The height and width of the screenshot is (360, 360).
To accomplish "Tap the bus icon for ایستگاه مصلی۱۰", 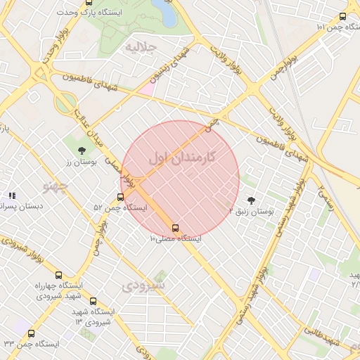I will pyautogui.click(x=175, y=228).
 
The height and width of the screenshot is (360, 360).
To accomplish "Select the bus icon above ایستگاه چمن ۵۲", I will pyautogui.click(x=120, y=197).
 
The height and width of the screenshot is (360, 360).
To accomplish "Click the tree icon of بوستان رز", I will pyautogui.click(x=82, y=150).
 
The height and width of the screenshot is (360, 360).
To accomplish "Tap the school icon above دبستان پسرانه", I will pyautogui.click(x=11, y=195).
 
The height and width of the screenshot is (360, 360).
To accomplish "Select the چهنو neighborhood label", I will pyautogui.click(x=55, y=186).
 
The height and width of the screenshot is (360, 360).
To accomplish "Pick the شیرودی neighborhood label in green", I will pyautogui.click(x=143, y=286).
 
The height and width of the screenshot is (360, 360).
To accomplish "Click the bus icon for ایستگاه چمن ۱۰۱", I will pyautogui.click(x=342, y=16).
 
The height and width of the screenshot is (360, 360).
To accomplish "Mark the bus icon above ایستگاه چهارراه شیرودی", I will pyautogui.click(x=58, y=275).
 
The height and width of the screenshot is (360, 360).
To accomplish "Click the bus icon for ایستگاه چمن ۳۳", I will pyautogui.click(x=31, y=333).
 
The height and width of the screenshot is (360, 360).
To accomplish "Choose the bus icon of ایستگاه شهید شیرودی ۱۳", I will pyautogui.click(x=93, y=301).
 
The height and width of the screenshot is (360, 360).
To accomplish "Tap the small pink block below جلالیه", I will pyautogui.click(x=146, y=89).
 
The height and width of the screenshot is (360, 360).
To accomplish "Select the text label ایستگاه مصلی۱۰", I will pyautogui.click(x=175, y=239).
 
